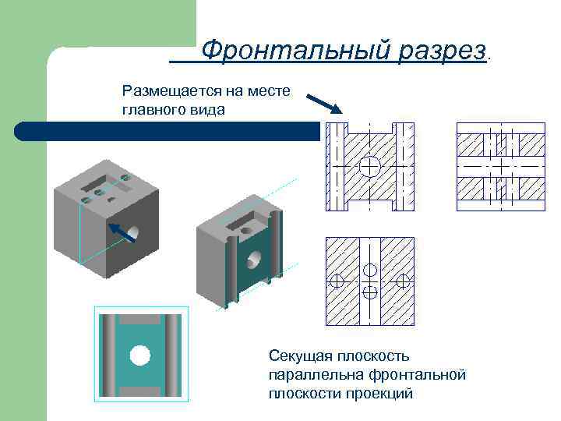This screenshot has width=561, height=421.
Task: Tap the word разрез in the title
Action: (440, 51)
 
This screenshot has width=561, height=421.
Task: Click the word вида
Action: (207, 109)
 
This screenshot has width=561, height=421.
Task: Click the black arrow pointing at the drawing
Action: (322, 103)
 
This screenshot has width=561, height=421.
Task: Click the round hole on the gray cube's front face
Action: (133, 232)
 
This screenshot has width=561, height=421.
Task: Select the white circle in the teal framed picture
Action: (139, 356)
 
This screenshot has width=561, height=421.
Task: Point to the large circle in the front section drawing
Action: (370, 166)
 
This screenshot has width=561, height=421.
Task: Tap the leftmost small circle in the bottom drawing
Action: (337, 281)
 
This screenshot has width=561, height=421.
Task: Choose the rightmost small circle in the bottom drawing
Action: (403, 281)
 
